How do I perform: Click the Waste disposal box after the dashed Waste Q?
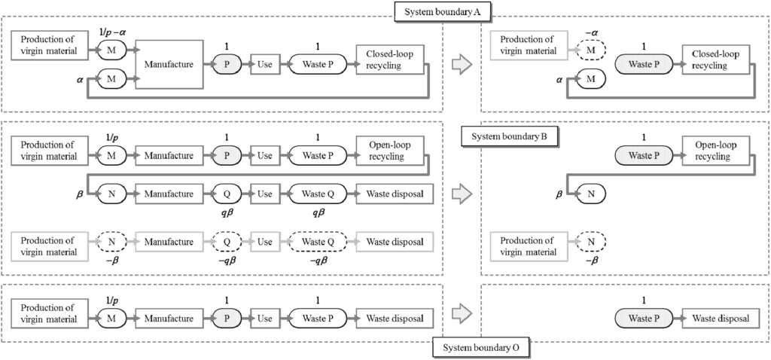pyautogui.click(x=395, y=243)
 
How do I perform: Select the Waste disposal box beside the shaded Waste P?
pyautogui.click(x=716, y=319)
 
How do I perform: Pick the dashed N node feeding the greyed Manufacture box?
pyautogui.click(x=110, y=243)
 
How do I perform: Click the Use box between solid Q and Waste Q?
pyautogui.click(x=265, y=194)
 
